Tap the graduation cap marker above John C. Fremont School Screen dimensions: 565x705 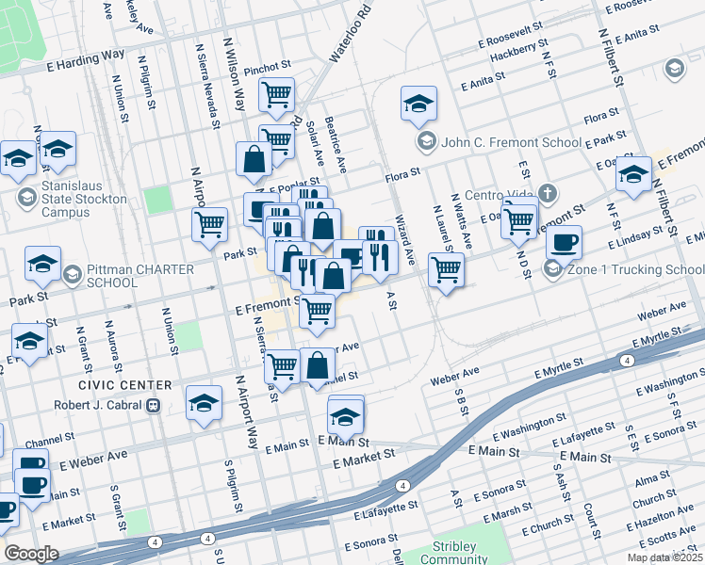point(418,104)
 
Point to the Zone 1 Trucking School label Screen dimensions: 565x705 point(625,270)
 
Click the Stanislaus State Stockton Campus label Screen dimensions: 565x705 point(73,200)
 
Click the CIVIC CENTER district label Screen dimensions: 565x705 point(125,385)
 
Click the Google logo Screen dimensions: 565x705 point(31,553)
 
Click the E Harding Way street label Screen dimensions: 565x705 point(86,61)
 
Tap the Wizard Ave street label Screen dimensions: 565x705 point(403,242)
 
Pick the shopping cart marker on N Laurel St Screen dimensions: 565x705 point(446,270)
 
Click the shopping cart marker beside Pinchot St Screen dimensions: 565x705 point(277,94)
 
